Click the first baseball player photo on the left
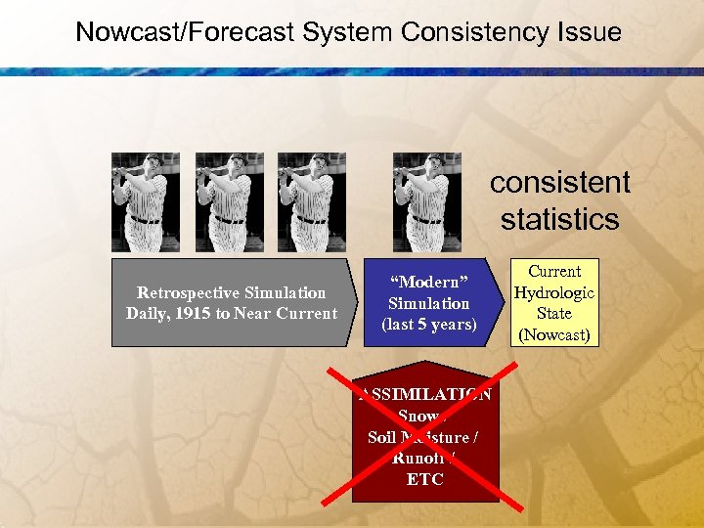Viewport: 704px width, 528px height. pyautogui.click(x=146, y=196)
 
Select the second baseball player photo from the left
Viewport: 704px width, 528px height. pyautogui.click(x=229, y=196)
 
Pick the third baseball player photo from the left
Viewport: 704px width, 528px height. pyautogui.click(x=311, y=196)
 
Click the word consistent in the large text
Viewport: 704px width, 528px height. pyautogui.click(x=560, y=183)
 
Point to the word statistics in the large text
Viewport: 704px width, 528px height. pyautogui.click(x=560, y=219)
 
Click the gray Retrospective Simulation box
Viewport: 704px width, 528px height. pyautogui.click(x=231, y=303)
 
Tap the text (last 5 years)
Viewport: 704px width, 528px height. pyautogui.click(x=428, y=325)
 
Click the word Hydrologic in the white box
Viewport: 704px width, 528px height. pyautogui.click(x=554, y=292)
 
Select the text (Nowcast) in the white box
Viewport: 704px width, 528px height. pyautogui.click(x=554, y=335)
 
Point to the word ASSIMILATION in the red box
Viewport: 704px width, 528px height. pyautogui.click(x=426, y=395)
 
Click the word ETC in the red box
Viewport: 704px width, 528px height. pyautogui.click(x=425, y=479)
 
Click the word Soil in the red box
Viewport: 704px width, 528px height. pyautogui.click(x=381, y=437)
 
